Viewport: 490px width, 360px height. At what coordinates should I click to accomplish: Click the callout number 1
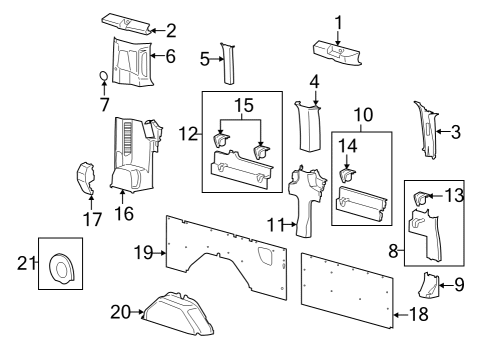coord(338,21)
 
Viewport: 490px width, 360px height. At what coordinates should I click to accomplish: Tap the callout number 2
coord(171,30)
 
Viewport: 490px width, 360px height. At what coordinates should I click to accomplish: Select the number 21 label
coord(26,263)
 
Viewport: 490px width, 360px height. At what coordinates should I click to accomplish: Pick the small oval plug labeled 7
coord(105,77)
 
